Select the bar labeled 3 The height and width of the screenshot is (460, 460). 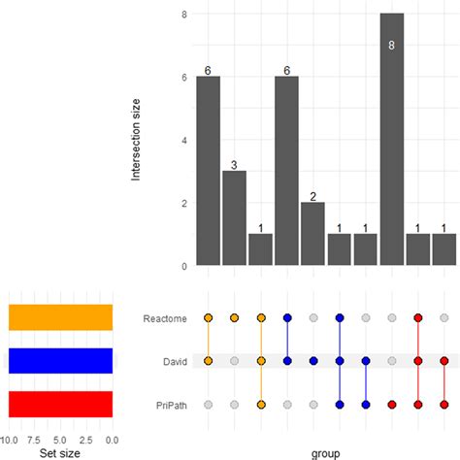[234, 217]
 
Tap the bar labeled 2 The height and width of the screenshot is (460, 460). [312, 233]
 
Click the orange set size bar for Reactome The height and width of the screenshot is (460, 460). [60, 317]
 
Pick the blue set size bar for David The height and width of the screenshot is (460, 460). [60, 360]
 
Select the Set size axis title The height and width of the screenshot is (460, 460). [61, 452]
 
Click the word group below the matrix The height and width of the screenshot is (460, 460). [326, 452]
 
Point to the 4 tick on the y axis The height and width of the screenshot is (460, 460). [183, 141]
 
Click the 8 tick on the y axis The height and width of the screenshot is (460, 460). [183, 15]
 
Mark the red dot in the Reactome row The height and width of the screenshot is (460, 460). [417, 317]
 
